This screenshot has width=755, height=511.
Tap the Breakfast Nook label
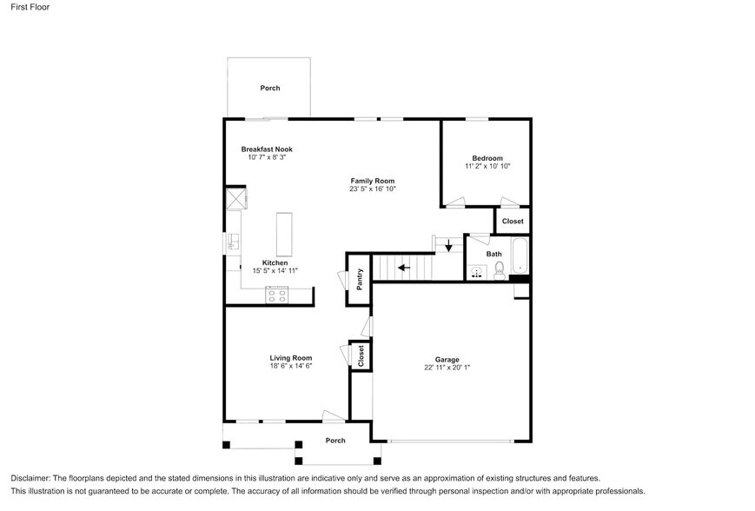266,149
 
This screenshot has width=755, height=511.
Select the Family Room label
373,180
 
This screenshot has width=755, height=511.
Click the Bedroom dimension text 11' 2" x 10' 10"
487,166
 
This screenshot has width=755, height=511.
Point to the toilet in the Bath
500,272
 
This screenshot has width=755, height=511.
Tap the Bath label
493,254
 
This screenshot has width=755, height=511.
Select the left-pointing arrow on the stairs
405,268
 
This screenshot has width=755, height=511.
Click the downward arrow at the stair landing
448,246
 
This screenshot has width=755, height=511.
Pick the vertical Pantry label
359,280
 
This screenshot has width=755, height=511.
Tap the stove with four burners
278,295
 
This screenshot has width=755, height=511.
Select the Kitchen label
275,262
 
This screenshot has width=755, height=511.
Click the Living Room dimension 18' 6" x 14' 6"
290,366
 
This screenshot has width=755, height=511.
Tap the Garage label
447,359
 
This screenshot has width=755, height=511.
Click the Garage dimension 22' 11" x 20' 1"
447,368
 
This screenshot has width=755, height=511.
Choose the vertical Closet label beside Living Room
361,355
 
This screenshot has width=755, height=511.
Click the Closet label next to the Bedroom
513,222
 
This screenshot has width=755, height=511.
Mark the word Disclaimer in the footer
30,478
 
